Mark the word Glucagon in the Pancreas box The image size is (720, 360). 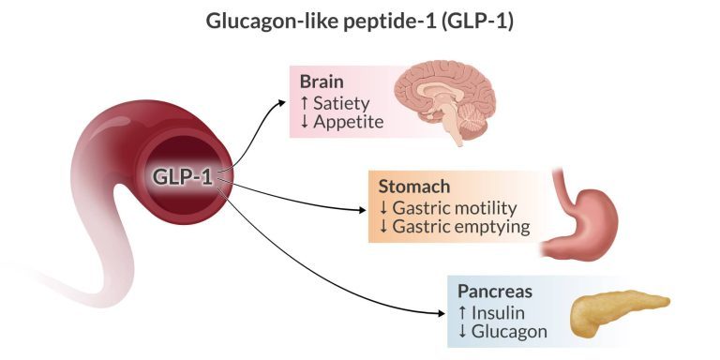[513, 331]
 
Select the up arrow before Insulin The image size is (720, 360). [461, 311]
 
